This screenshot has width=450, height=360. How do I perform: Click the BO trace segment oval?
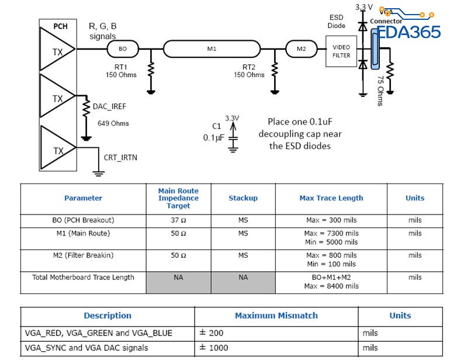(x=122, y=49)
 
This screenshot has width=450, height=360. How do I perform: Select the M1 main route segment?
(x=212, y=49)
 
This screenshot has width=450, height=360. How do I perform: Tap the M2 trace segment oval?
(x=301, y=49)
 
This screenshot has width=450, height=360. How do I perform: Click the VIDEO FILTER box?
(x=341, y=51)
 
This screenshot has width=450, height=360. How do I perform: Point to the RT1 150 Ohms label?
(x=121, y=71)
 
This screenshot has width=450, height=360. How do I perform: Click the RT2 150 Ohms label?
(x=249, y=71)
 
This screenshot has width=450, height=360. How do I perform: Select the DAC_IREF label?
(x=109, y=106)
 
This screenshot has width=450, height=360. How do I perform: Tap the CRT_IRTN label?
(x=120, y=157)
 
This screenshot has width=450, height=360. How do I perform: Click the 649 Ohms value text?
(x=113, y=123)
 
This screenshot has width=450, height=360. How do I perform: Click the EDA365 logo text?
(x=409, y=32)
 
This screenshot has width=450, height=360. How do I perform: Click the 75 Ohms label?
(x=380, y=91)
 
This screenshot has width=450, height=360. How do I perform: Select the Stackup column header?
(x=243, y=198)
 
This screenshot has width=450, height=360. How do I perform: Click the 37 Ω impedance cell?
(x=178, y=220)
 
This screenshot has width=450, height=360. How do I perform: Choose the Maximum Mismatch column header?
(x=276, y=316)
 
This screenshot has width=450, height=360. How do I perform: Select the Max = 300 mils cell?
(x=331, y=220)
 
